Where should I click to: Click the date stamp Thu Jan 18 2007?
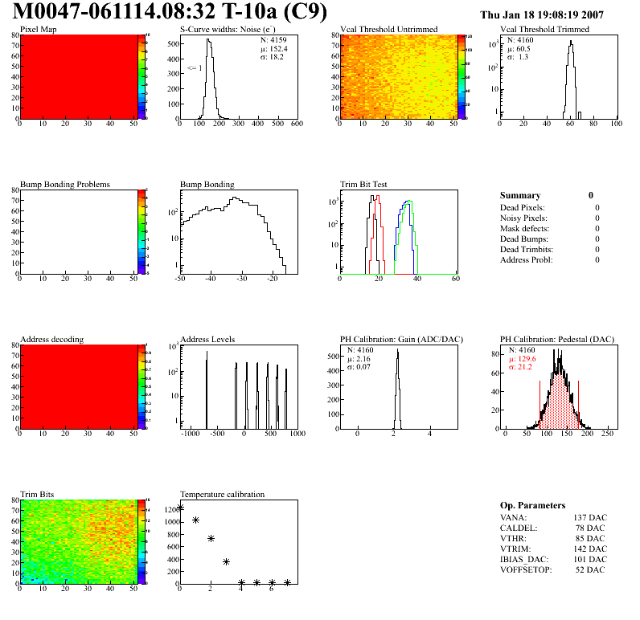(541, 15)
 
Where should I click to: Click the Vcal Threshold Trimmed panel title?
(544, 30)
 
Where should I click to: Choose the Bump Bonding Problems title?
(65, 185)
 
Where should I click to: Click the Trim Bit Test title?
(364, 185)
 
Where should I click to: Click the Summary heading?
(520, 195)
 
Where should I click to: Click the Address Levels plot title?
(207, 340)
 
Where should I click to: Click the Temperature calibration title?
(223, 494)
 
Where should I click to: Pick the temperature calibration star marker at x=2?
(211, 539)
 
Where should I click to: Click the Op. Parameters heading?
(532, 505)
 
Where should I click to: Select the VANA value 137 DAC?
(589, 517)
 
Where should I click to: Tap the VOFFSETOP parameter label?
(523, 569)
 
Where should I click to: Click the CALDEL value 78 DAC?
(591, 528)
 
